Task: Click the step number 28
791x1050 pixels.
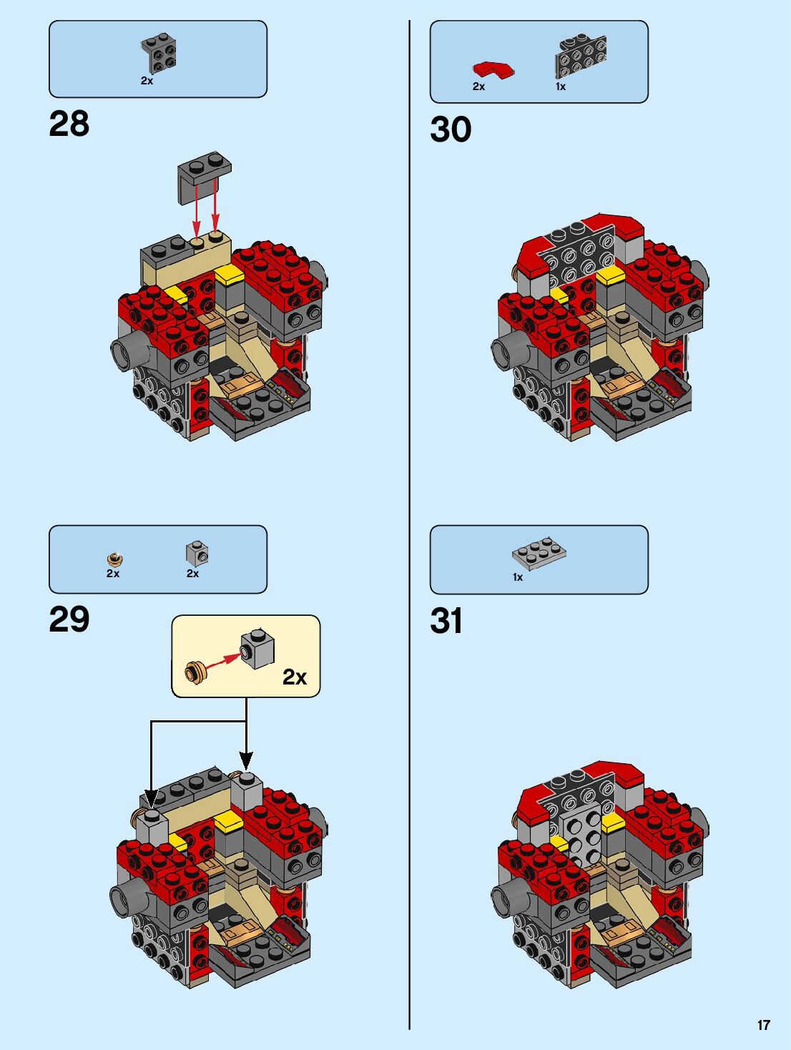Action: click(69, 124)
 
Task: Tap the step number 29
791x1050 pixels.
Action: click(69, 619)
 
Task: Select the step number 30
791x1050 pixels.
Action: click(451, 129)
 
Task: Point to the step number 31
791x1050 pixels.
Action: click(446, 621)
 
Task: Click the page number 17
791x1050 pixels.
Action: click(764, 1025)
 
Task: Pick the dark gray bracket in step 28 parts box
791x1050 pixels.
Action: click(159, 54)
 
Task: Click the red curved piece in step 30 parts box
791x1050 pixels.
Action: click(493, 69)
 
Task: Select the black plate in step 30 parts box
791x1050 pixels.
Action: click(580, 57)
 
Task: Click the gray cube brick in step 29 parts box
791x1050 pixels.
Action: click(197, 554)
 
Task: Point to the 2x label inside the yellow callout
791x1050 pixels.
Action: click(295, 677)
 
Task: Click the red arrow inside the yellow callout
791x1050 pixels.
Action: click(224, 659)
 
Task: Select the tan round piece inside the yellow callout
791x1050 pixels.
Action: click(195, 671)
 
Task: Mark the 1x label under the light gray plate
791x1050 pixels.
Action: click(518, 577)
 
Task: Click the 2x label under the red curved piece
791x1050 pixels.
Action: click(478, 87)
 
